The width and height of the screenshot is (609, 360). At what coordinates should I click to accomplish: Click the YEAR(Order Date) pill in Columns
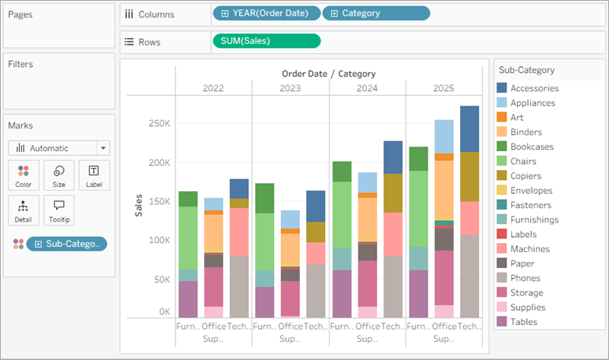266,14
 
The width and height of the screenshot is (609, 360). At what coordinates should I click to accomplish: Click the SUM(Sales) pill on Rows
266,41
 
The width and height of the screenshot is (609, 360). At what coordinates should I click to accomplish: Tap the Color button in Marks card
23,175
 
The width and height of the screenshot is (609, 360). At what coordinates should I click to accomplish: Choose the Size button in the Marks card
58,175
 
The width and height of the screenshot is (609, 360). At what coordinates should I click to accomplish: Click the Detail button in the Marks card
23,210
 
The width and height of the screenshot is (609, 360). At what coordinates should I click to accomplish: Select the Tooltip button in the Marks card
58,210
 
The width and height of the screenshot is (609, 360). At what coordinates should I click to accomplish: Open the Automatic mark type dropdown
59,148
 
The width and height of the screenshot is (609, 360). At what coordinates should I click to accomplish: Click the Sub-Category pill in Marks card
67,244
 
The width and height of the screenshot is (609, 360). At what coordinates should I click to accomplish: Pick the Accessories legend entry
534,88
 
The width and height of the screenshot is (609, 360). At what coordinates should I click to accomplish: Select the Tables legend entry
523,322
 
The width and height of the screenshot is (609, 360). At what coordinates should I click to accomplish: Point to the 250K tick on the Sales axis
159,123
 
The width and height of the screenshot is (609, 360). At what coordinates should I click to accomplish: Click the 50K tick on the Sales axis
162,279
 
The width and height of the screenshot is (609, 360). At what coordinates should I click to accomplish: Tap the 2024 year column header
367,88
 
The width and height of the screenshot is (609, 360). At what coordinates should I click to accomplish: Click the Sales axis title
139,206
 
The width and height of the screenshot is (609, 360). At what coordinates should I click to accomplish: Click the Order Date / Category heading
328,74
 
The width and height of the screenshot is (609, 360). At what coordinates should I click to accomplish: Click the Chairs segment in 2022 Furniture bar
188,238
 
